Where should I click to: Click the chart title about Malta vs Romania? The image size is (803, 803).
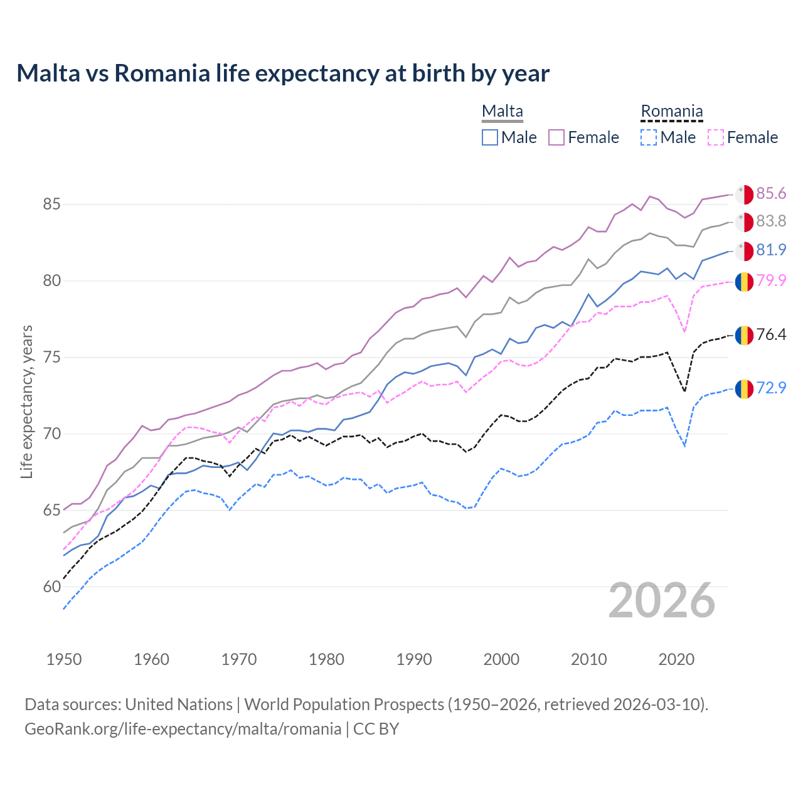point(283,73)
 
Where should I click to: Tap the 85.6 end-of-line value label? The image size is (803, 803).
point(770,193)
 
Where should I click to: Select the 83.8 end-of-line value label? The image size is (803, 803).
point(770,221)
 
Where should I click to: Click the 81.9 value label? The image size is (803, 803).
point(770,250)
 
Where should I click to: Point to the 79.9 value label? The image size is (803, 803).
point(770,280)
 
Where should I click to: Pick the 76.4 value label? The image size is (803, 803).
point(770,334)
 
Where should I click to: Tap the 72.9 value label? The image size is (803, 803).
point(770,388)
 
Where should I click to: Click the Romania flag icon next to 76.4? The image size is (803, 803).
point(744,335)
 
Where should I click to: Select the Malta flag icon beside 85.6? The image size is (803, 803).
point(744,194)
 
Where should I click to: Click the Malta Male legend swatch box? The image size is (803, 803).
point(490,137)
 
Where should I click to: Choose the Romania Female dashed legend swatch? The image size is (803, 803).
point(716,137)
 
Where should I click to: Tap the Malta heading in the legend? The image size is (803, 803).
point(502,111)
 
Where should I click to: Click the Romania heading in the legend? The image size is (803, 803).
point(671,111)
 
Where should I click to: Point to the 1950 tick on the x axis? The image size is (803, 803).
point(64,659)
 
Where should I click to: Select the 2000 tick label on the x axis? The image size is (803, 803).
point(501,659)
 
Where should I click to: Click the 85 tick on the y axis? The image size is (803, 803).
point(52,205)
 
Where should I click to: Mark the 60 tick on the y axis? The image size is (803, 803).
point(52,587)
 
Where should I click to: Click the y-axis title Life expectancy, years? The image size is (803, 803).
point(27,401)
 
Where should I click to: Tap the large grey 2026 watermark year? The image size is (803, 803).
point(662,600)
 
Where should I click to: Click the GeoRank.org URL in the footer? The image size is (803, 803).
point(183,729)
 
